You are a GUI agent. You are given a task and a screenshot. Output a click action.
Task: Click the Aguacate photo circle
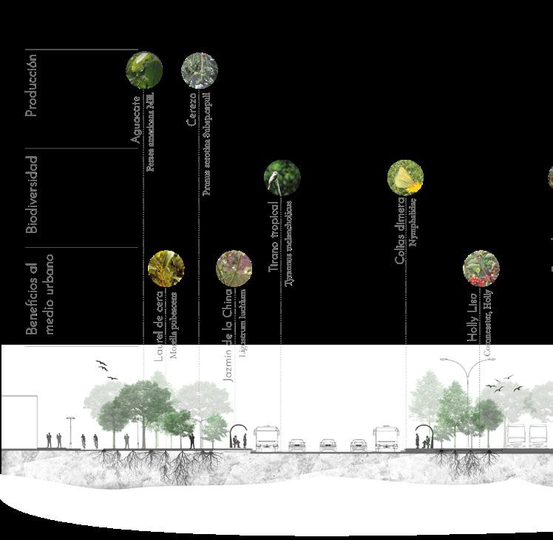[x=144, y=70]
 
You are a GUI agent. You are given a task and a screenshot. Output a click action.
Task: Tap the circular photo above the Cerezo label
[x=200, y=70]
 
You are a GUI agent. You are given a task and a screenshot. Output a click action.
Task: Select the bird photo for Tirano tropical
[x=282, y=178]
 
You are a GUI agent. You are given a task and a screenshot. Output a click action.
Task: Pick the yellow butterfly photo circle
[x=406, y=178]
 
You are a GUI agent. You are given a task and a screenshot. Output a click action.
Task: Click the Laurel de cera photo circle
[x=166, y=268]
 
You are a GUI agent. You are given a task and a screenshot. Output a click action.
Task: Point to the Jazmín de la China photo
[x=234, y=268]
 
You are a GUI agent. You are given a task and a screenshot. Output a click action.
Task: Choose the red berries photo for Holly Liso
[x=481, y=268]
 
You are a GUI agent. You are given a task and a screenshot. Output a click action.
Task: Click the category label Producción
[x=32, y=84]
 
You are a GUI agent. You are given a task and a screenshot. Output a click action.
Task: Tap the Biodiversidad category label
[x=32, y=194]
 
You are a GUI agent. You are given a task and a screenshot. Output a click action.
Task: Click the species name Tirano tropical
[x=274, y=236]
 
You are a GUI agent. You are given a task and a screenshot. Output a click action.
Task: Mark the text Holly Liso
[x=473, y=317]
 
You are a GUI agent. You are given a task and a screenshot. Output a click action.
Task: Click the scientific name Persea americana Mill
[x=150, y=132]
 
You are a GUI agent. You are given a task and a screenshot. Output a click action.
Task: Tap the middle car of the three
[x=328, y=444]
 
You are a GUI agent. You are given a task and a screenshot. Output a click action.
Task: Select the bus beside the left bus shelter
[x=266, y=438]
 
